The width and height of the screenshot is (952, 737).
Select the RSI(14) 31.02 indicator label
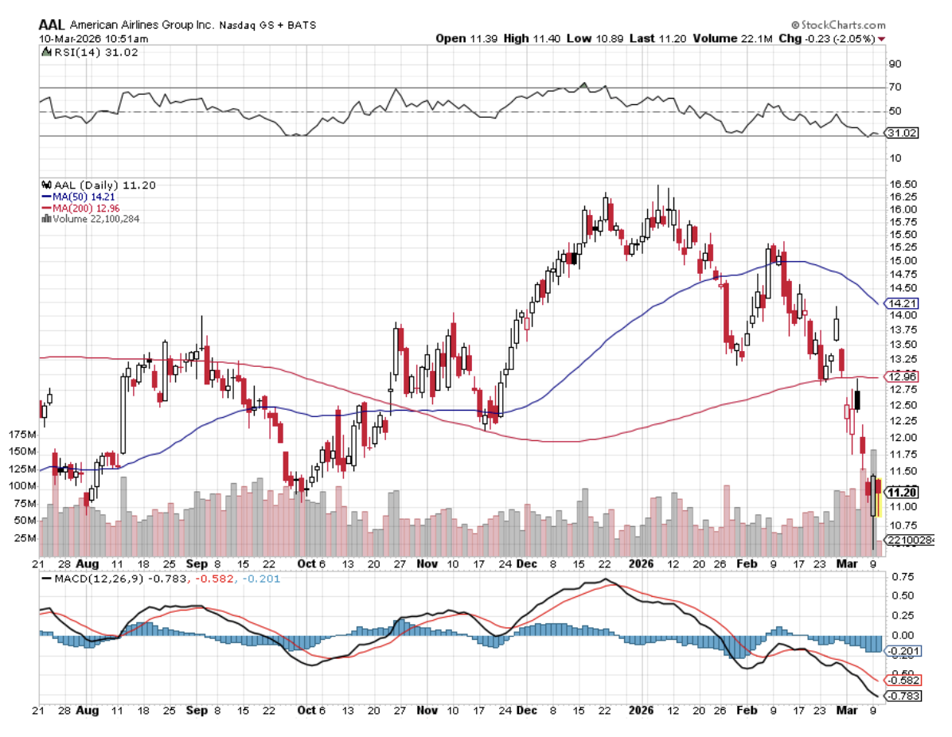[82, 53]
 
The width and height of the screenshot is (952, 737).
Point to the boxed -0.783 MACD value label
[902, 696]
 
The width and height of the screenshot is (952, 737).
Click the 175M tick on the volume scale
[22, 435]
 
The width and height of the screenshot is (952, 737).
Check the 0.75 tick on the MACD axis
[903, 576]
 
